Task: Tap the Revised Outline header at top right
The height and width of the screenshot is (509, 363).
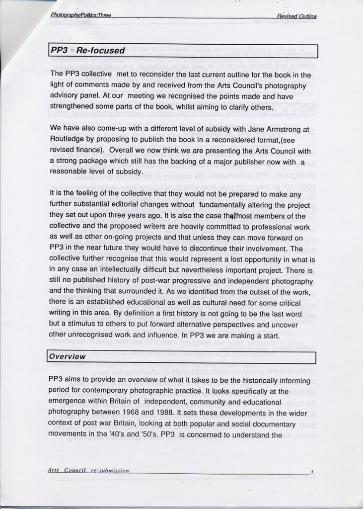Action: point(297,16)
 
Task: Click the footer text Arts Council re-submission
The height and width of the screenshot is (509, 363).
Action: point(88,470)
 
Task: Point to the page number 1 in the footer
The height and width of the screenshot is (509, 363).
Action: point(311,471)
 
